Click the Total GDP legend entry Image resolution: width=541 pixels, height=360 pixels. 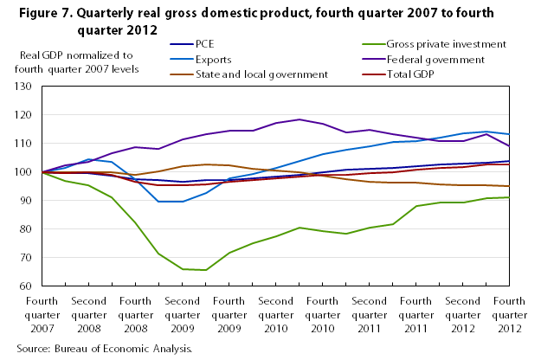[403, 74]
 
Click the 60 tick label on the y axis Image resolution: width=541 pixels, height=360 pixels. [24, 286]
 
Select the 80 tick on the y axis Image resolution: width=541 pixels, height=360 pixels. [24, 229]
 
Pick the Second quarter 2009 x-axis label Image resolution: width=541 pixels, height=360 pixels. [182, 315]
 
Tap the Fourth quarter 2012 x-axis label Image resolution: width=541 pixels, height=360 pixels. [510, 315]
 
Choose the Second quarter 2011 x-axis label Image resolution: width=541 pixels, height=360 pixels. [370, 315]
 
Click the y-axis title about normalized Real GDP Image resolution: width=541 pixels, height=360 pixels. [79, 62]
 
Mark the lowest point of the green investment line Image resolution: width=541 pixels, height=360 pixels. [205, 270]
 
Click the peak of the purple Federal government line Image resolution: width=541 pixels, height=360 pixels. [299, 119]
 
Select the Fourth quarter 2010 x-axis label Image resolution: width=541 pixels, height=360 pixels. [322, 315]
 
